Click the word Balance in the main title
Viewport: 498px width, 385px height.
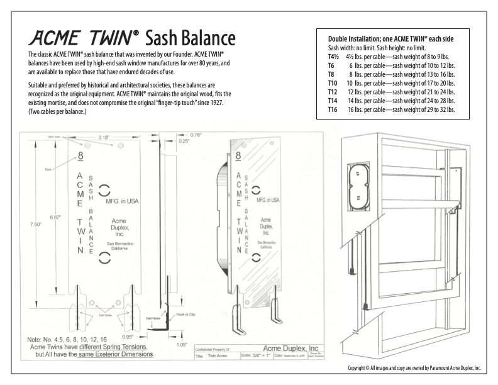(x=192, y=40)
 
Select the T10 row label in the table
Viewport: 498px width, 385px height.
(x=326, y=82)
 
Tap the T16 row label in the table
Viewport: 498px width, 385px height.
(x=326, y=109)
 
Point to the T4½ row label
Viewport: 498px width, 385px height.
(x=328, y=56)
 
